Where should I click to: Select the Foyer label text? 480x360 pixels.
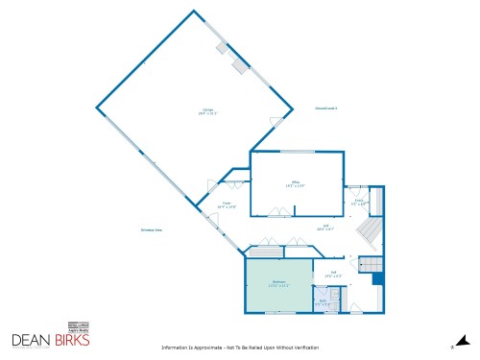[x=228, y=204]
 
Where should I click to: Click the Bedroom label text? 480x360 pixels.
[x=278, y=280]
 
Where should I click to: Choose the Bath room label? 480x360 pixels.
[x=324, y=302]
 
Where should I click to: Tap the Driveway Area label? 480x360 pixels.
[x=152, y=230]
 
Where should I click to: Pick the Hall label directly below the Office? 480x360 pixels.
[x=325, y=227]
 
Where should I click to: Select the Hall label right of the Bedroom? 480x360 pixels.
[x=334, y=274]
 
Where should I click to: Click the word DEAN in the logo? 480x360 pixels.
[x=31, y=340]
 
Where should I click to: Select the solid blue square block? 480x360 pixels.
[x=378, y=278]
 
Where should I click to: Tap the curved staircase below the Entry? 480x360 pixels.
[x=367, y=231]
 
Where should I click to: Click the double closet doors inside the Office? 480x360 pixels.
[x=279, y=215]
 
